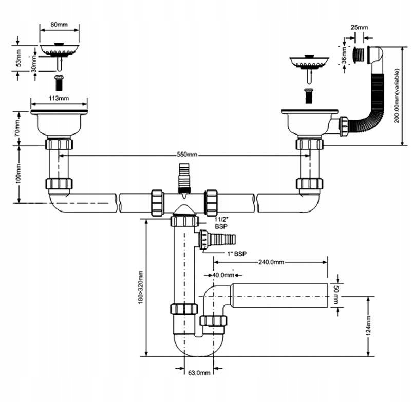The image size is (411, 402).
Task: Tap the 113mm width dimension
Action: click(x=59, y=98)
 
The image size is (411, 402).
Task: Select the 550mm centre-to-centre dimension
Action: click(x=186, y=155)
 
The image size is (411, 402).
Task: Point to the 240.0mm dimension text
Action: click(x=272, y=262)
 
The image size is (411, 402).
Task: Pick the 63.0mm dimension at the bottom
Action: click(x=200, y=372)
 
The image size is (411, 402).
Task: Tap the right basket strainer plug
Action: click(x=308, y=62)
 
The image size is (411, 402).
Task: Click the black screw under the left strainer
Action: click(x=59, y=83)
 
